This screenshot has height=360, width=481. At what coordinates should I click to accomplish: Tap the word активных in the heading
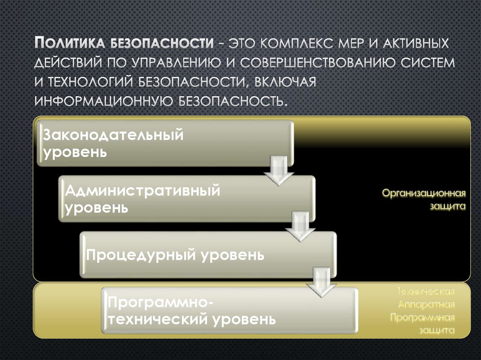pos(411,44)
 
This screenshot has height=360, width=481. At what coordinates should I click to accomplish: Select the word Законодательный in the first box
pos(113,136)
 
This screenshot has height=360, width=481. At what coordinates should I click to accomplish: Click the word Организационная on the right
pos(423,193)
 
